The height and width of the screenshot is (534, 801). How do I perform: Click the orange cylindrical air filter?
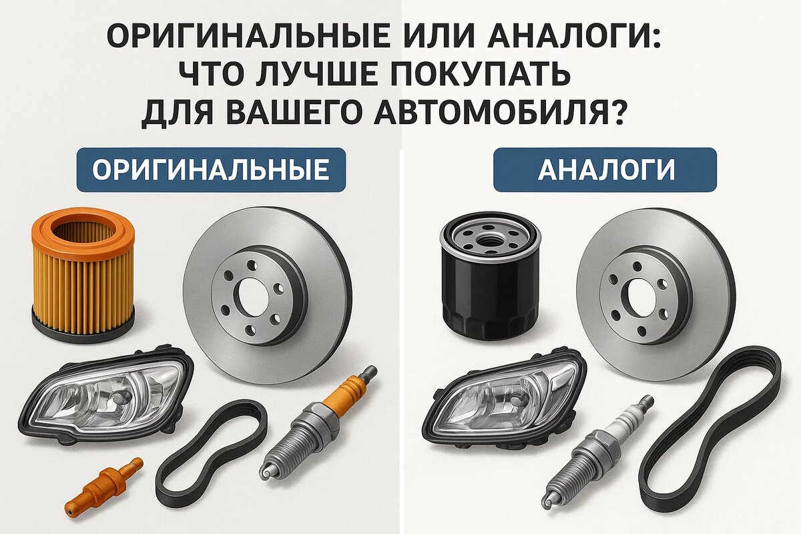[83, 275]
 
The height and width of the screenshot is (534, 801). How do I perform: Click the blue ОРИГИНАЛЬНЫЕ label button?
[211, 170]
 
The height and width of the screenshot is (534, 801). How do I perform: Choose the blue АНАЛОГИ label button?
[605, 170]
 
